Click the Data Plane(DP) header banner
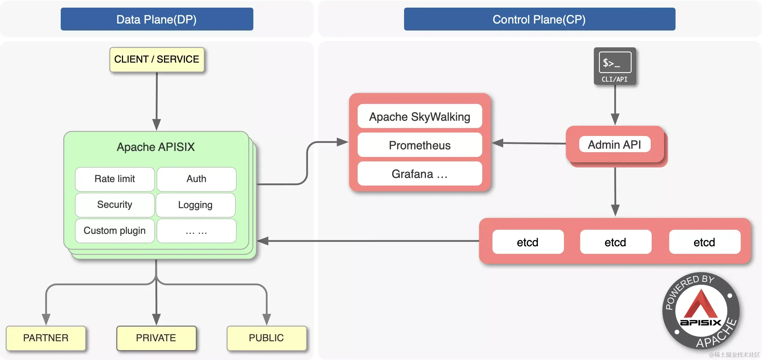point(157,19)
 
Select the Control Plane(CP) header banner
point(539,19)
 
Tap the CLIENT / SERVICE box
point(157,59)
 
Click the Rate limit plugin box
point(115,179)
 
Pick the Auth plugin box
point(196,179)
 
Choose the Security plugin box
point(115,205)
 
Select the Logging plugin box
point(196,205)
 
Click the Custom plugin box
point(115,231)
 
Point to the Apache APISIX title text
point(156,147)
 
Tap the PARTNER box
point(46,338)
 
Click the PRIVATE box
point(156,338)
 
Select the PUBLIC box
point(266,338)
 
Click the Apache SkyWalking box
point(420,117)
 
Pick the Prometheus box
point(420,145)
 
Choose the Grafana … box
point(420,174)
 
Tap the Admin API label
point(614,145)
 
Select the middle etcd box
point(615,242)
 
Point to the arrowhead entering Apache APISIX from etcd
point(263,241)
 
